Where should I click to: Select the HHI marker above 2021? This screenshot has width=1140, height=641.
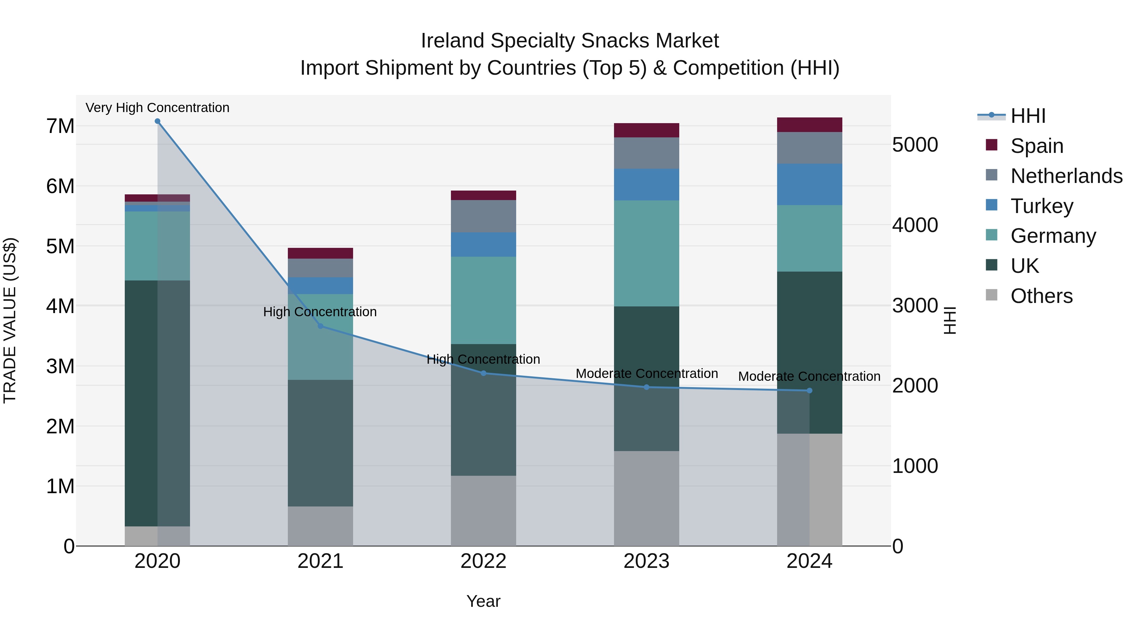(320, 326)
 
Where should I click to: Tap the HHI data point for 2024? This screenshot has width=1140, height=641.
(809, 391)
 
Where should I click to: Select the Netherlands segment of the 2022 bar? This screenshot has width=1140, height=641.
(483, 216)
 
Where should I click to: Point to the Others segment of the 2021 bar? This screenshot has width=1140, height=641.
(320, 526)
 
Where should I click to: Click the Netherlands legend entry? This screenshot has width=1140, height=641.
(1066, 176)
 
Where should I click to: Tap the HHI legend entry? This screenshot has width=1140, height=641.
(1028, 116)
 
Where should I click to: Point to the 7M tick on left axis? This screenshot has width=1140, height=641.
(60, 126)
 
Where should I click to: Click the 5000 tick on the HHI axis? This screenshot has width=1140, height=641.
(914, 145)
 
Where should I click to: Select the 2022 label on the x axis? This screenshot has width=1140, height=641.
(483, 561)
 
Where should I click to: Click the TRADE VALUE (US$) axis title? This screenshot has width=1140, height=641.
(10, 320)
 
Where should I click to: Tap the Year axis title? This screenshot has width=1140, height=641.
(483, 601)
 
